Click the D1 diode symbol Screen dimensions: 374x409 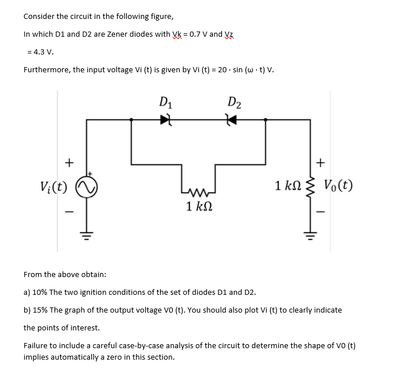(166, 120)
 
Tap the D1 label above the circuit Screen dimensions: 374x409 (166, 103)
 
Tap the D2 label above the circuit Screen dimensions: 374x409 (234, 103)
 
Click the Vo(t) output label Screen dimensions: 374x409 (338, 185)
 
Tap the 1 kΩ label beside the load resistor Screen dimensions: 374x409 (289, 185)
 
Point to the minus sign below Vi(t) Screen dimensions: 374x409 (69, 211)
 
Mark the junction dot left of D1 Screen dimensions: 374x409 (131, 120)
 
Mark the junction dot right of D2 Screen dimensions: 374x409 (265, 120)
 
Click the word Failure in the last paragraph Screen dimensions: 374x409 (37, 346)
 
